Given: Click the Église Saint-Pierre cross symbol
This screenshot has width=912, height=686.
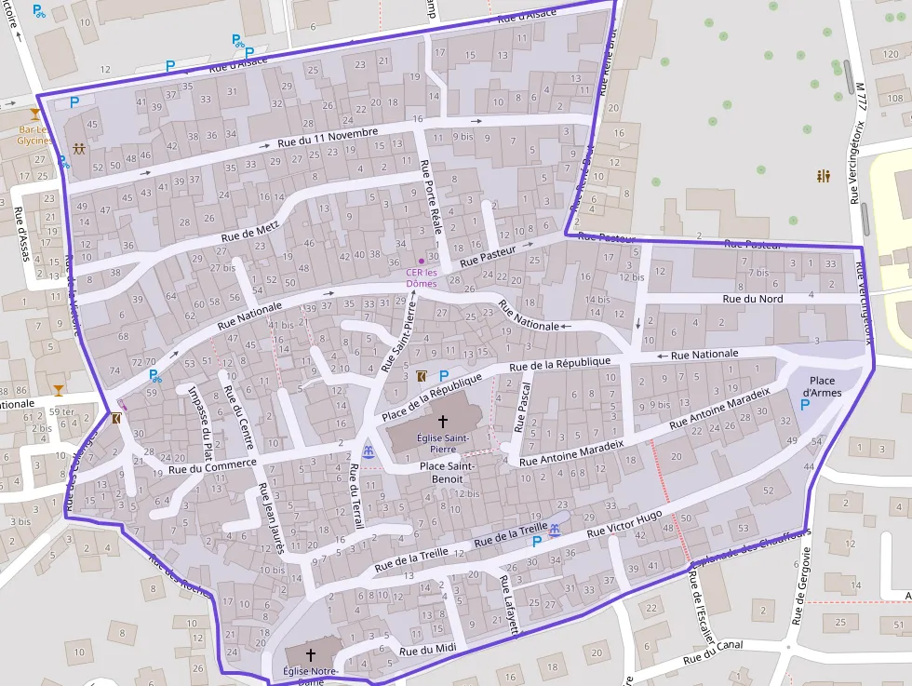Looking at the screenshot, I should pos(442,422).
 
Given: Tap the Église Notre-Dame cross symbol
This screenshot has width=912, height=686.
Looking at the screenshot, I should pos(311,655).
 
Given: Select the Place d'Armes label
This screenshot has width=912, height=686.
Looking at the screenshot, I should pos(823,386).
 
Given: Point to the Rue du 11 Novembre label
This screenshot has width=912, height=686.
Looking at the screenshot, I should pos(328,138).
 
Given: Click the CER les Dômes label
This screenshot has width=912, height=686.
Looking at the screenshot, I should pos(422,277).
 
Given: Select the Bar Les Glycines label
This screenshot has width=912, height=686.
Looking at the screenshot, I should pos(34,135).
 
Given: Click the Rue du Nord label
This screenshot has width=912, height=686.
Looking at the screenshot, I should pos(753,299).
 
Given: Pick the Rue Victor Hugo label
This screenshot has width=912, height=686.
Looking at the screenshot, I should pos(624,525).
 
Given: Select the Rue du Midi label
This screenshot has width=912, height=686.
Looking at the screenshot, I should pos(428,651).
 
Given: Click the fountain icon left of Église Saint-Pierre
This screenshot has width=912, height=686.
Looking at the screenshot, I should pos(369,451).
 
